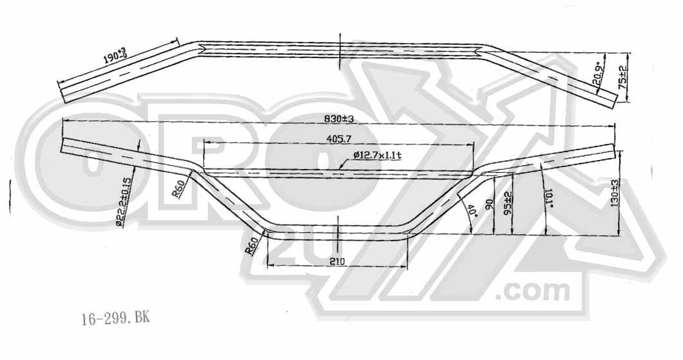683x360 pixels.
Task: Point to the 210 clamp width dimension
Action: (337, 261)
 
